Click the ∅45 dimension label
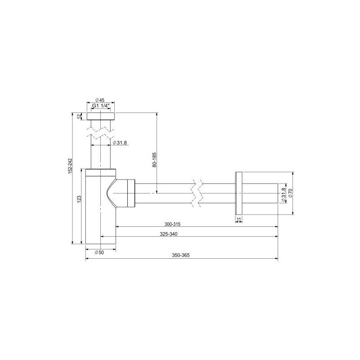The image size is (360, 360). pos(100,100)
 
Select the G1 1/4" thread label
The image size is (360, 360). pos(100,107)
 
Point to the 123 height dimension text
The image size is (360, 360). pos(79,198)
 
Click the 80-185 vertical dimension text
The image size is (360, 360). pos(154,160)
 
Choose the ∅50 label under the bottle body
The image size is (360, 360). pos(99,253)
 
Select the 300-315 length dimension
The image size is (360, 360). pos(173,224)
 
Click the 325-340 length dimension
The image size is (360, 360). pos(173,234)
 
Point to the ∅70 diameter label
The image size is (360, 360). pos(290,193)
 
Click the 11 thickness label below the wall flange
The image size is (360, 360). pos(239,219)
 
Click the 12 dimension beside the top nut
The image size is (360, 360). pos(80,116)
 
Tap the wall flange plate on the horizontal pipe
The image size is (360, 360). pos(239,193)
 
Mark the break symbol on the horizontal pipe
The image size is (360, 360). pos(196,194)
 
